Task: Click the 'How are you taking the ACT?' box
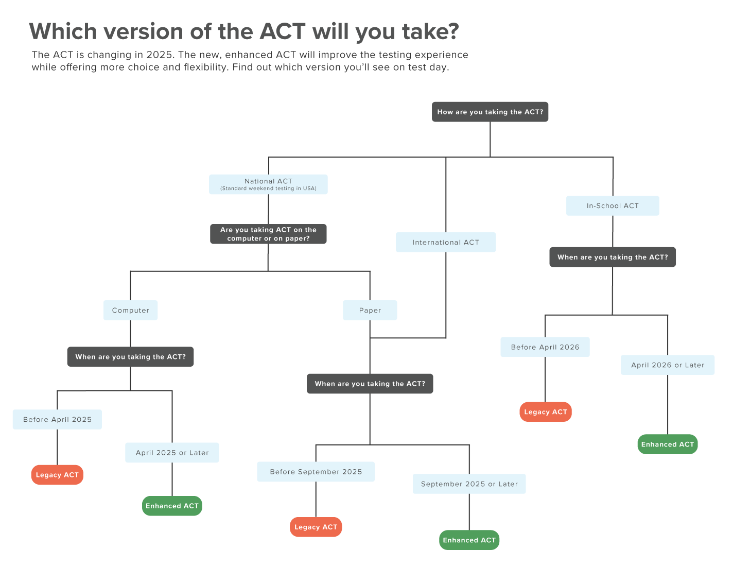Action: (x=490, y=112)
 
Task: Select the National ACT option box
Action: (x=268, y=184)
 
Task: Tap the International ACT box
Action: (x=446, y=242)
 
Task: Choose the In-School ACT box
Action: (x=613, y=205)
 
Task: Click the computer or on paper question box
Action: (x=268, y=234)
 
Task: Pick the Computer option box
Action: (x=131, y=310)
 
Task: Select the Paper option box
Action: (x=370, y=310)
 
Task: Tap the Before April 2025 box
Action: (x=57, y=419)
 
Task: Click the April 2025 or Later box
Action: (x=172, y=452)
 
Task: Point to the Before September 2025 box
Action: (x=316, y=472)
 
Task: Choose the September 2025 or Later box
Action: (x=469, y=484)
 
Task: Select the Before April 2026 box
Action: (x=545, y=347)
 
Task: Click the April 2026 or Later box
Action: (x=668, y=365)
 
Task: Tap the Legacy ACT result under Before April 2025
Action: (x=57, y=474)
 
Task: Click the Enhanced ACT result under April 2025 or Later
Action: (x=172, y=506)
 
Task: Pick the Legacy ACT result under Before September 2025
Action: (x=316, y=527)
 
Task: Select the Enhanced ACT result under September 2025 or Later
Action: (x=469, y=540)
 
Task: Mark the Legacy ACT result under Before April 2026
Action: (x=546, y=412)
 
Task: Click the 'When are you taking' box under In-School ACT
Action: (x=613, y=257)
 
